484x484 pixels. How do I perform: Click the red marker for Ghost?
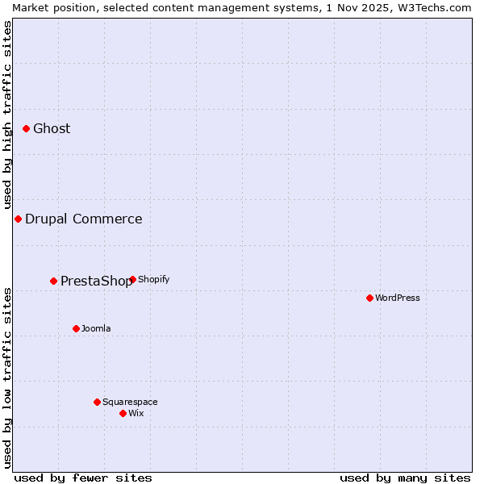click(26, 128)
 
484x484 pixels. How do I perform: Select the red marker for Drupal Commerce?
click(18, 219)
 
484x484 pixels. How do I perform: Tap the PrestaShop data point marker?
click(53, 281)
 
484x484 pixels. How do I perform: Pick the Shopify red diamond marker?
click(132, 279)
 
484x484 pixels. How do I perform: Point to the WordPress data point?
click(369, 298)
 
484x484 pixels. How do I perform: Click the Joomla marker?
click(76, 328)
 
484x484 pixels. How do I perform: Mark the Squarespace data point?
click(97, 402)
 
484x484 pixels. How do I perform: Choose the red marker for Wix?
click(123, 413)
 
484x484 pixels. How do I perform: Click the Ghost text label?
click(52, 128)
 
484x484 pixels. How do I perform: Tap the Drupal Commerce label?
click(84, 219)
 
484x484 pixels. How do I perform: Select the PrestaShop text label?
click(96, 281)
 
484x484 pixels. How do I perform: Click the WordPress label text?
click(398, 298)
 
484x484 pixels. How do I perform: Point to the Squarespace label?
click(130, 402)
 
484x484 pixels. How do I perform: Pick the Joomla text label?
click(96, 328)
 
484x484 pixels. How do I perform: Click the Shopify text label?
click(154, 279)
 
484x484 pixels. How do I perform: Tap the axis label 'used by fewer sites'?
click(83, 478)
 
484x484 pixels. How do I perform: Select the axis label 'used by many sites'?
click(405, 478)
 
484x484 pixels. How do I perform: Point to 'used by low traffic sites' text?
click(7, 378)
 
